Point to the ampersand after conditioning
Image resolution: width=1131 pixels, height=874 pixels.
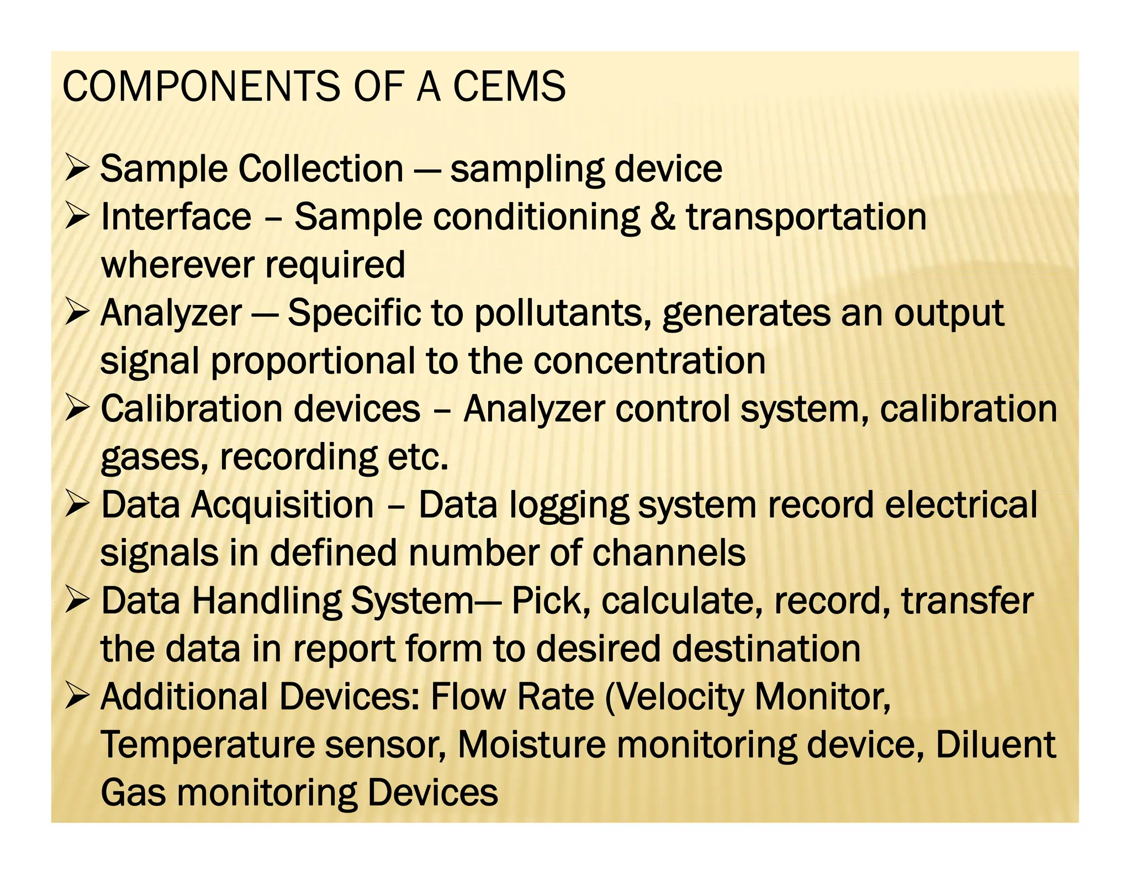click(663, 216)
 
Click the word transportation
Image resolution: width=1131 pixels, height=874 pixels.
click(806, 217)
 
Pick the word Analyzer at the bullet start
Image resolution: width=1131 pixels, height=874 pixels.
click(171, 313)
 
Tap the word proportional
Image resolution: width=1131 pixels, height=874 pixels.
click(313, 361)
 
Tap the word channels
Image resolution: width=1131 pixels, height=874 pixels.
click(669, 553)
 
